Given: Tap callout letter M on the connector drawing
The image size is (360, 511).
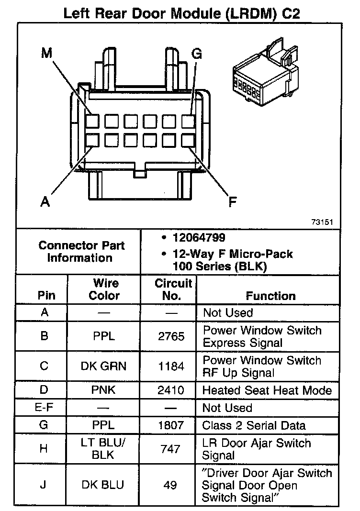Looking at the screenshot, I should tap(46, 53).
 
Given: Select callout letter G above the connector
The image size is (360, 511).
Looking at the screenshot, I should tap(197, 53).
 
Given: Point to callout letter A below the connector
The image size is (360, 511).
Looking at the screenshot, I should tap(45, 201).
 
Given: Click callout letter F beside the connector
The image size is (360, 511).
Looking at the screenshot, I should tap(232, 202).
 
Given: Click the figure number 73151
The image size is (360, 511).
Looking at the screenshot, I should tap(322, 222).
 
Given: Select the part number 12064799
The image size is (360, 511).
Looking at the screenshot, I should tap(199, 237).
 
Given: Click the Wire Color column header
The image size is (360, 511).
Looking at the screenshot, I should tap(104, 289).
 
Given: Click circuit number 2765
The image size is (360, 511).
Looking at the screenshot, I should tap(171, 336).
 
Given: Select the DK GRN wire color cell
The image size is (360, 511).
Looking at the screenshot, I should tap(104, 367).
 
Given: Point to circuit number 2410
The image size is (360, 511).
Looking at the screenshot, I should tap(171, 390).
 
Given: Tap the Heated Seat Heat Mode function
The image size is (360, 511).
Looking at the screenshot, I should tap(267, 390).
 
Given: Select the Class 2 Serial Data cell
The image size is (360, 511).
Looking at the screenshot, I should tap(254, 425).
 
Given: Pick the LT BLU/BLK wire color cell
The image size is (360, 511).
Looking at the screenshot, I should tap(104, 449).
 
